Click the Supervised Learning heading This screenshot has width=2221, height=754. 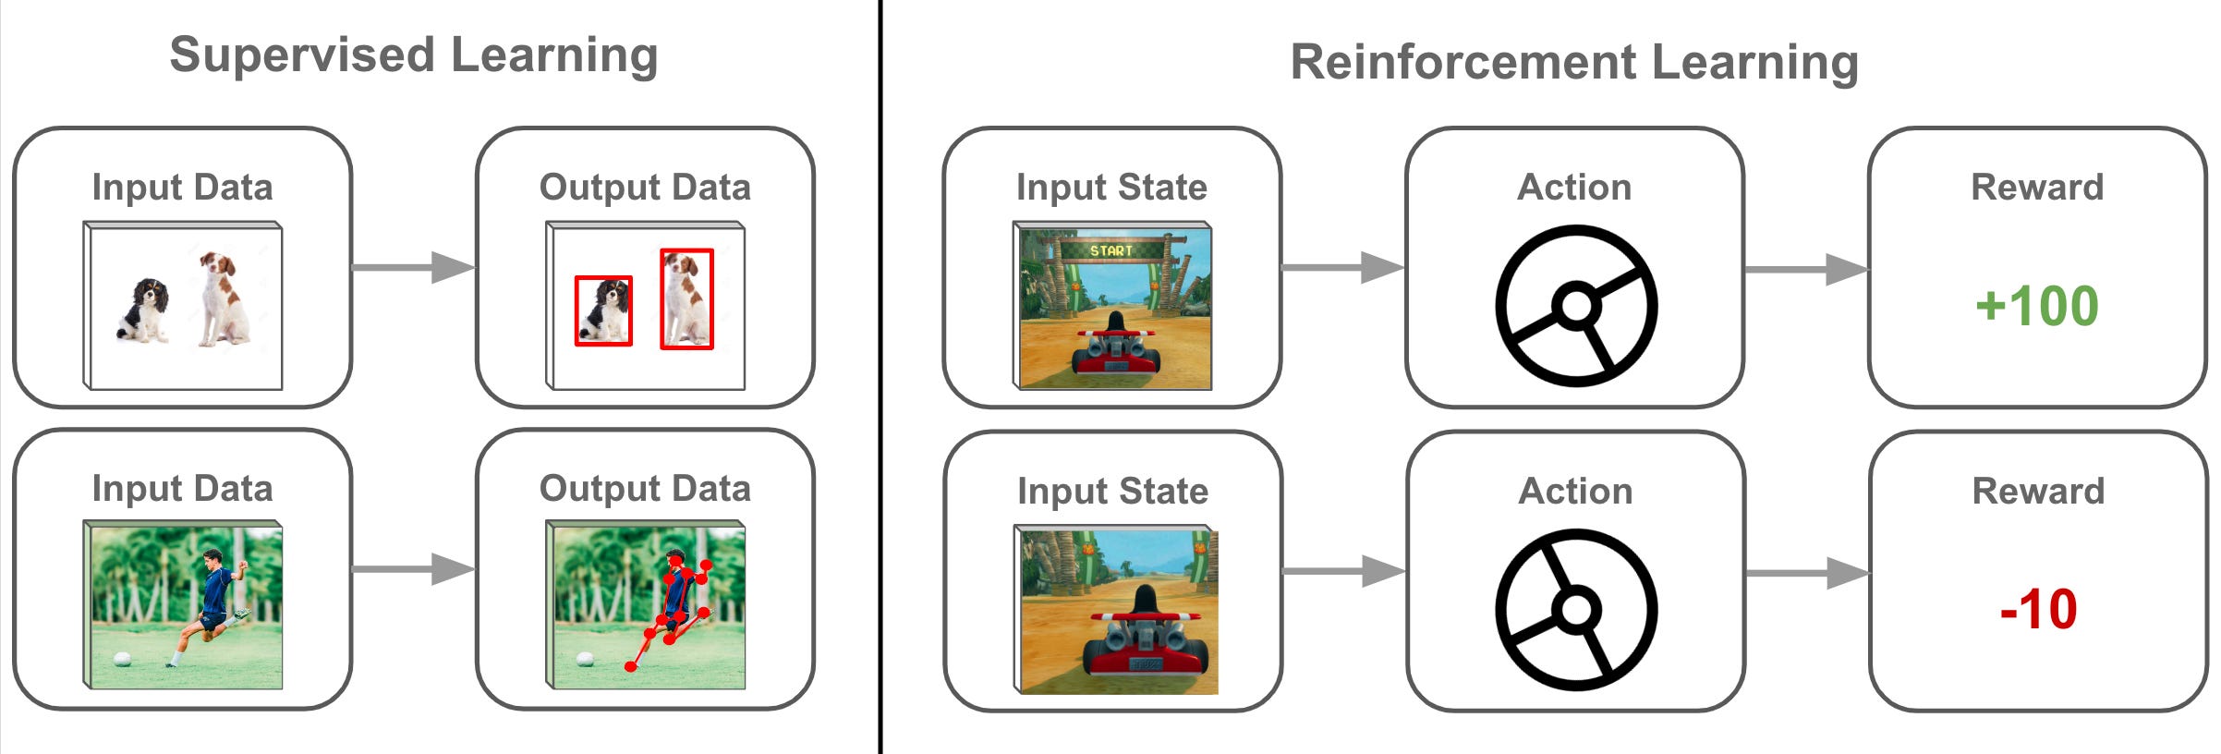point(413,55)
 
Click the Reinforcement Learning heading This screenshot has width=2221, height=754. point(1573,63)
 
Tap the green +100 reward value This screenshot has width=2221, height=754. point(2036,307)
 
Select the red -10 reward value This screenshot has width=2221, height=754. point(2038,610)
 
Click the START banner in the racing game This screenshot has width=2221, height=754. point(1110,250)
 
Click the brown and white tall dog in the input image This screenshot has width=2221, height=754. point(222,300)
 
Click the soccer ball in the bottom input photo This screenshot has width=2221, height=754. point(121,659)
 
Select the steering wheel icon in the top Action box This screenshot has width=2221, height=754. point(1575,306)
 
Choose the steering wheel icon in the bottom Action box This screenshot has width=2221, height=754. point(1575,609)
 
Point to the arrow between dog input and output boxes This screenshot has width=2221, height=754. point(413,268)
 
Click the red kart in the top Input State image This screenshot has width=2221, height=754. point(1115,351)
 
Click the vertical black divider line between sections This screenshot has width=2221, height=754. point(880,377)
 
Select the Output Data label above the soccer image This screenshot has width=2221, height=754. point(645,489)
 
